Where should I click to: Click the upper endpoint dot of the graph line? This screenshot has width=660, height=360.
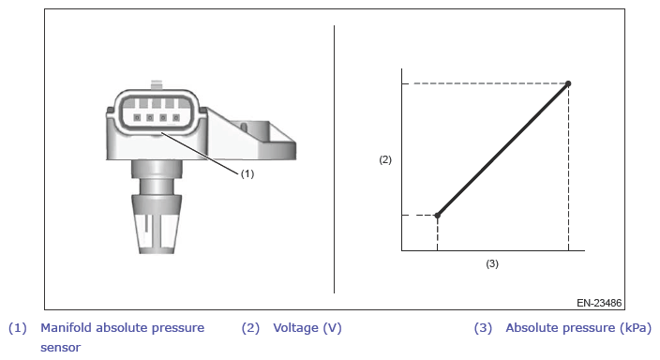coord(568,83)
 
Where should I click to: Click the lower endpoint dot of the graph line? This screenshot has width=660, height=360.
coord(437,216)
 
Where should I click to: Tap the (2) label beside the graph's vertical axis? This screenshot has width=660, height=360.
coord(385,159)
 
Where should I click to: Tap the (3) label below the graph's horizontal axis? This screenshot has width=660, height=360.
coord(492,263)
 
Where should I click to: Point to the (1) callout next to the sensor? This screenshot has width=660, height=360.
coord(247,173)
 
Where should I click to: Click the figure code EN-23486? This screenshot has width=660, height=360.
coord(599,303)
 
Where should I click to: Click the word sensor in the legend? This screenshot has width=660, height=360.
coord(61,348)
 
